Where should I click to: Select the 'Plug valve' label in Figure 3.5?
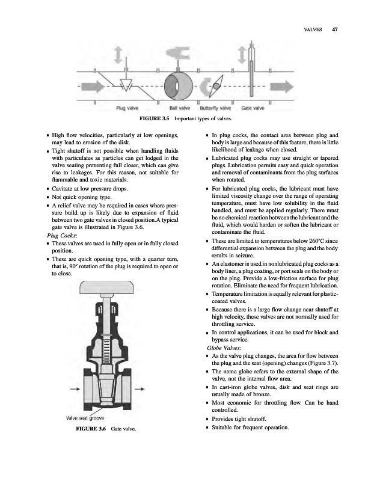coord(128,109)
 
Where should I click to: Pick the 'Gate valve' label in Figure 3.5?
coord(253,109)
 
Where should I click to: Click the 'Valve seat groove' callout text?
coord(85,417)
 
